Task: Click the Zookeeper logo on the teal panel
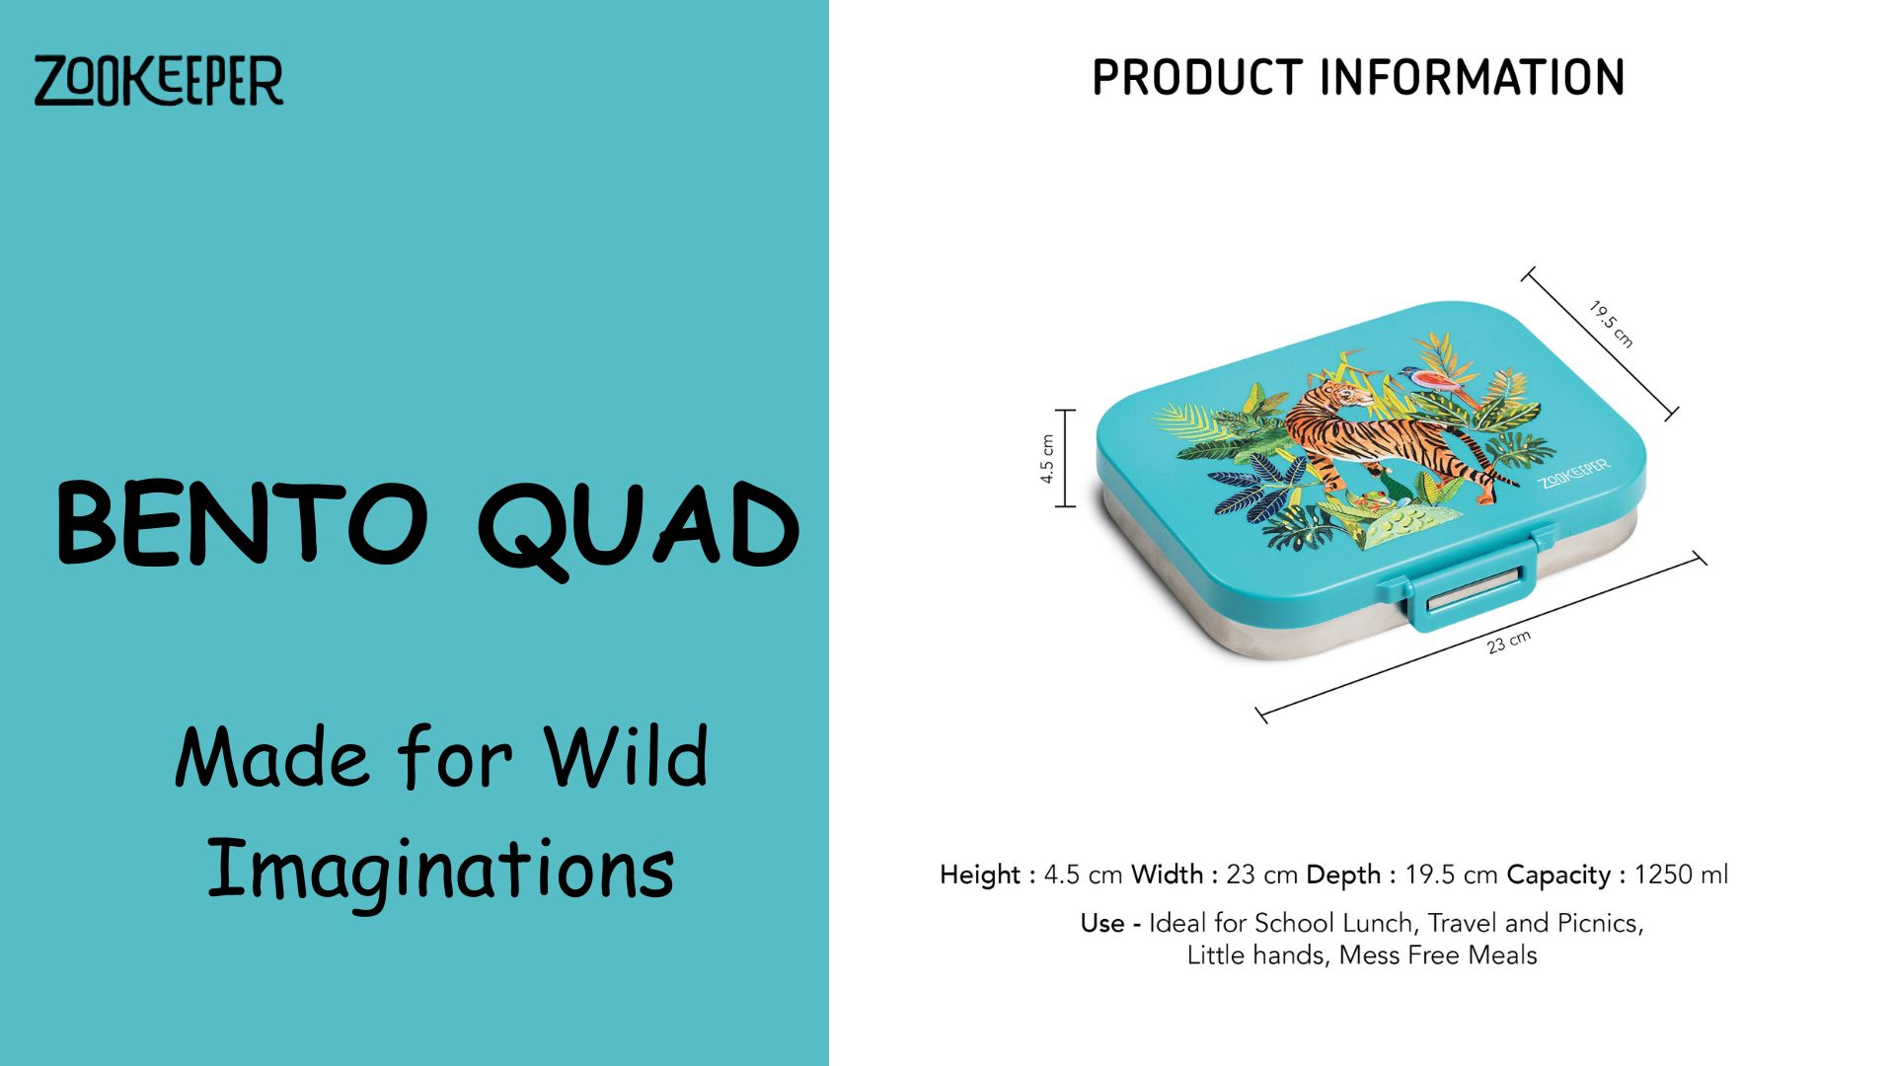pos(159,80)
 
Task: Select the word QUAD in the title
pos(639,529)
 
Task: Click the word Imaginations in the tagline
pos(440,870)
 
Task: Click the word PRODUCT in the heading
pos(1197,78)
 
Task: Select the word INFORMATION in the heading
pos(1473,78)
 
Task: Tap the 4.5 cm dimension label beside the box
pos(1047,459)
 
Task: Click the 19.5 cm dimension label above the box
pos(1612,325)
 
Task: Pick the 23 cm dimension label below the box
pos(1508,642)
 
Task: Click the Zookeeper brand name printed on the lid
pos(1574,473)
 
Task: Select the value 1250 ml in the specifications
pos(1681,875)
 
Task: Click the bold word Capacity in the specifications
pos(1558,876)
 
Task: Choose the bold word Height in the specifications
pos(980,875)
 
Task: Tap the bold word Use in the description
pos(1102,923)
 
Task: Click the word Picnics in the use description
pos(1600,924)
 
